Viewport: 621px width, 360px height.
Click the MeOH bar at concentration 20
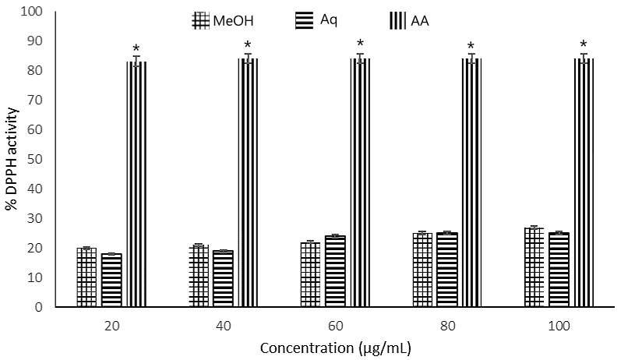pyautogui.click(x=86, y=277)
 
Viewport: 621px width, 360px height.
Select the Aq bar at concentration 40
pyautogui.click(x=224, y=279)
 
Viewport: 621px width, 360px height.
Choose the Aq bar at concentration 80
pyautogui.click(x=447, y=270)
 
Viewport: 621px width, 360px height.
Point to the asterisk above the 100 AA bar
pyautogui.click(x=584, y=44)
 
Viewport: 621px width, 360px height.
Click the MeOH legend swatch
pyautogui.click(x=200, y=20)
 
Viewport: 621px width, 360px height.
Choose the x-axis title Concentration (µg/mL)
pyautogui.click(x=336, y=346)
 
